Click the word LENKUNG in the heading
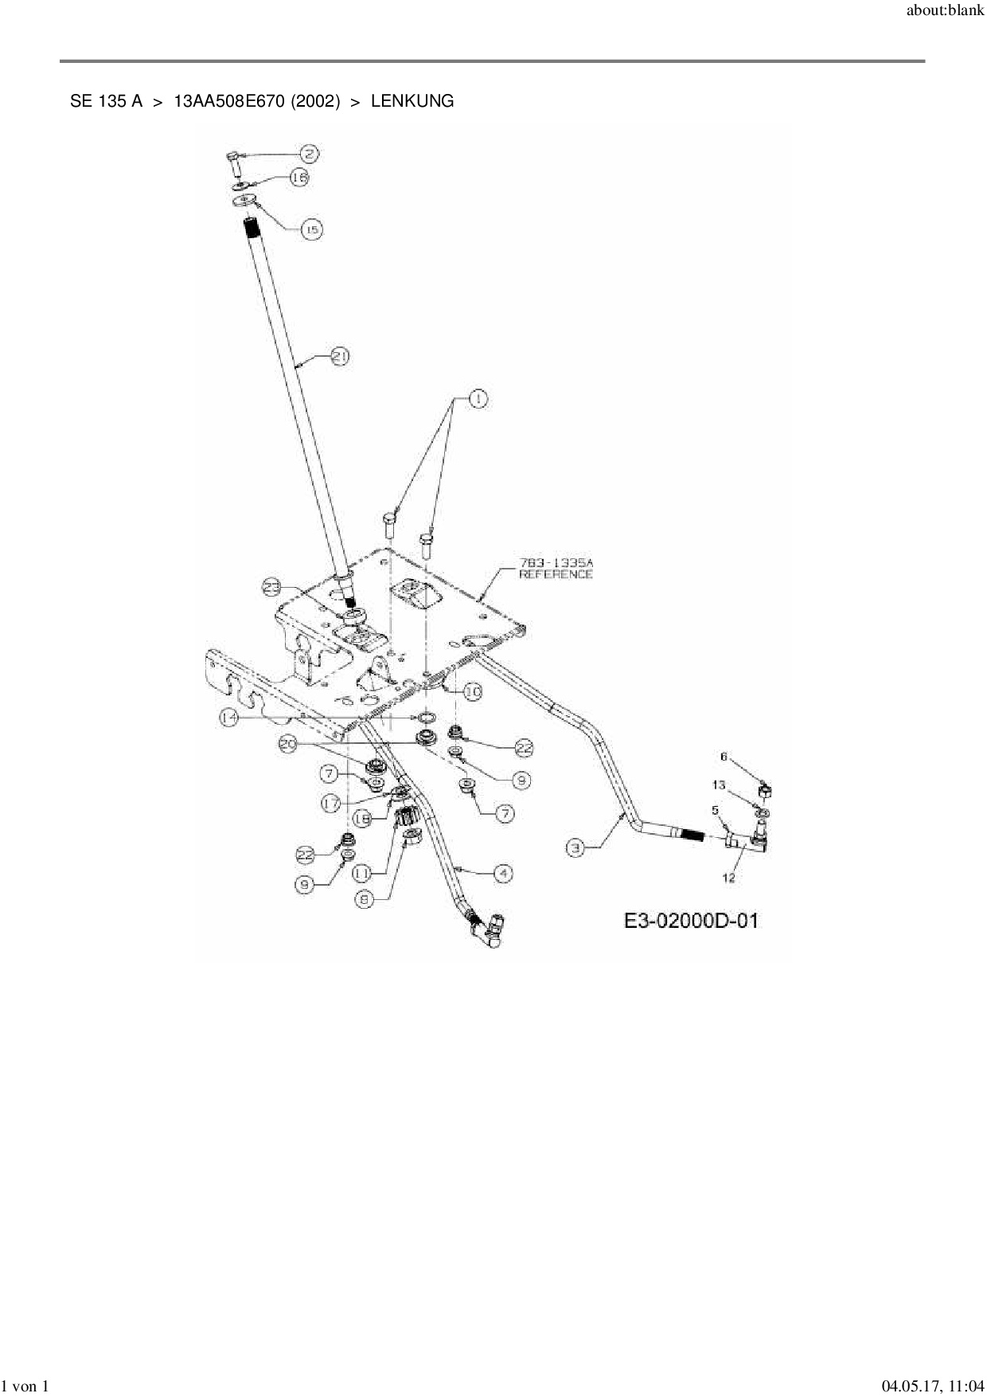tap(412, 101)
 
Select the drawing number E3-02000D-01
tap(691, 921)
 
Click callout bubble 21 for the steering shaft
tap(339, 357)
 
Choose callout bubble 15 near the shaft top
tap(311, 229)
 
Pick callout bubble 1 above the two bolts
tap(477, 400)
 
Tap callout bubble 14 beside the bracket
tap(230, 718)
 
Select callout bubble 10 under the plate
tap(472, 692)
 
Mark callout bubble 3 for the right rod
tap(577, 848)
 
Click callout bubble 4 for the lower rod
tap(502, 874)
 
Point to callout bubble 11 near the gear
tap(361, 873)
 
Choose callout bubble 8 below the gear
tap(365, 899)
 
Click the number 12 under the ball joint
tap(728, 878)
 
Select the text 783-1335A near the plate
tap(556, 562)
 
